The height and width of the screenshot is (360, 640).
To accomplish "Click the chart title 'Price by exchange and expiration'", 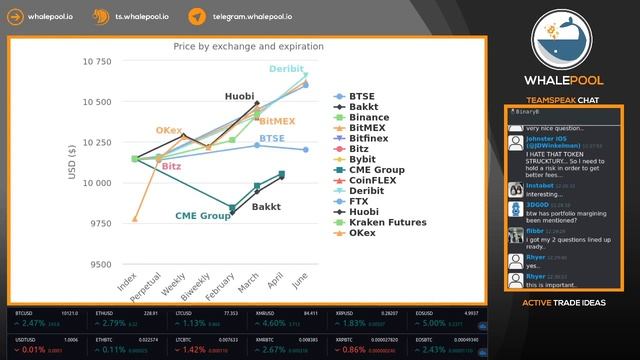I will click(248, 47).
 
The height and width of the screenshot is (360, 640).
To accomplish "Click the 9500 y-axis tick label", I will click(99, 265).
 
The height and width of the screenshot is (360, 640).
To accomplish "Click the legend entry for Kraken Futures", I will click(388, 222).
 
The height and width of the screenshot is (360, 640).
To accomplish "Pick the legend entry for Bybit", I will click(362, 159).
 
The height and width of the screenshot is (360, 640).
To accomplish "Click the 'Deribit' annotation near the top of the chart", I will click(285, 68).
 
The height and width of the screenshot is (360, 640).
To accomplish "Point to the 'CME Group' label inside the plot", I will click(203, 215).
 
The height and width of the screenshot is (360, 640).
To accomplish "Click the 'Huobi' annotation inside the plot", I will click(238, 96).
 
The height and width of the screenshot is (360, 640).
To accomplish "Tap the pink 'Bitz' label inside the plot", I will click(171, 166).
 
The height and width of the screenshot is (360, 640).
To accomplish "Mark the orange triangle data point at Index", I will click(135, 219).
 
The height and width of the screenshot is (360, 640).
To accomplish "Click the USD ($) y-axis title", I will click(71, 163).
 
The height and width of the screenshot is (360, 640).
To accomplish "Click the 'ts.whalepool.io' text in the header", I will click(143, 17).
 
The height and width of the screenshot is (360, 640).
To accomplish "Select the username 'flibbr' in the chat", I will click(535, 230).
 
